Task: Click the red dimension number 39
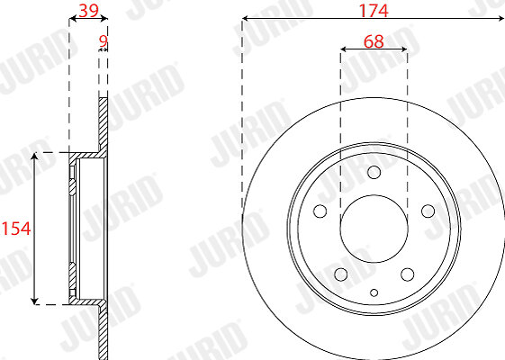point(88,11)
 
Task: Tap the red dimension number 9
point(103,41)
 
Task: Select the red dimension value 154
point(16,229)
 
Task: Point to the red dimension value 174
point(374,11)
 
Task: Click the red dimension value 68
point(374,41)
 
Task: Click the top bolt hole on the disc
point(374,172)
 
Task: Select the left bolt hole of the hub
point(320,211)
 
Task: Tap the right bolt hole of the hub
point(428,211)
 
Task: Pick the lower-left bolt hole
point(341,274)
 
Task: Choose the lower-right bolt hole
point(408,274)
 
